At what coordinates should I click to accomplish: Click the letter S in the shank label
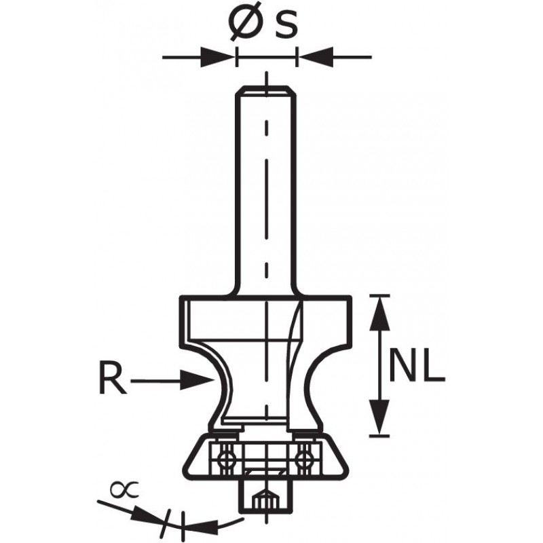coord(286,25)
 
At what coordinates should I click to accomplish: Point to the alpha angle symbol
coord(124,489)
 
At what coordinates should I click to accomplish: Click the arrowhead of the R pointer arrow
coord(196,380)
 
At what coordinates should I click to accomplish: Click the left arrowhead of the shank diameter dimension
coord(218,57)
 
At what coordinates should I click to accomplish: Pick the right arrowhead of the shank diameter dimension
coord(315,57)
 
